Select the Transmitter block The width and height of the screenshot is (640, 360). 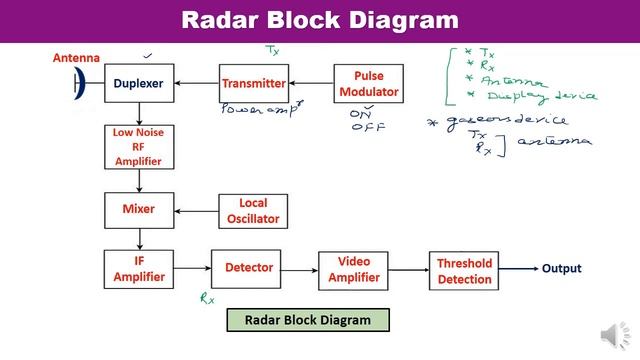pos(254,83)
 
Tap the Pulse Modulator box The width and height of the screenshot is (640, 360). pos(368,84)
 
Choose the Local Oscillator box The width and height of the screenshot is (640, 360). pos(253,210)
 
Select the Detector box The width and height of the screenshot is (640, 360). pos(249,268)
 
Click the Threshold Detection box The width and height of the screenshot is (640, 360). pos(464,271)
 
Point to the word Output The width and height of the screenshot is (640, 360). pos(561,268)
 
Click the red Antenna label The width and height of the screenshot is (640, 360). pos(78,58)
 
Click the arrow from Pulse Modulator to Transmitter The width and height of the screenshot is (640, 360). pos(311,84)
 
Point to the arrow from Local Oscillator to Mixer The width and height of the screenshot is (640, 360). pos(197,210)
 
